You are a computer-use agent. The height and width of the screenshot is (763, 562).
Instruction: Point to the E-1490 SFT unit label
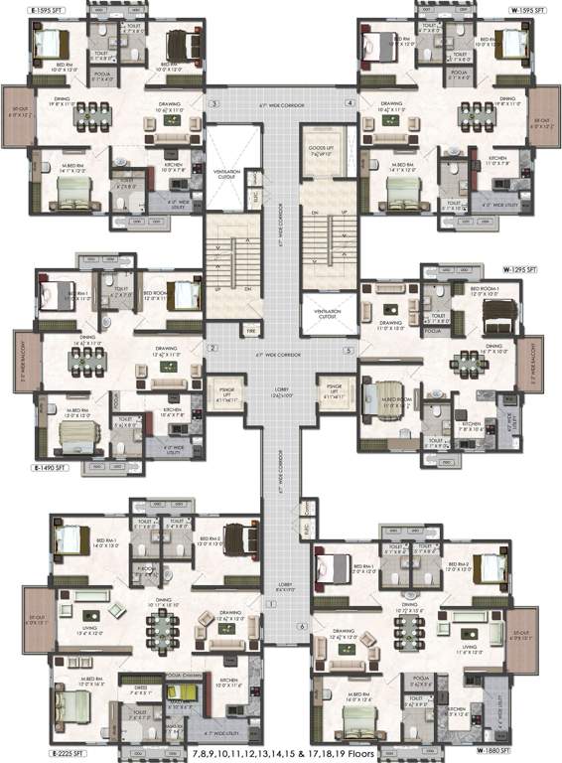coord(51,466)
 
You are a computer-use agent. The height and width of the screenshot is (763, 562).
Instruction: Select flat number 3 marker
coord(212,103)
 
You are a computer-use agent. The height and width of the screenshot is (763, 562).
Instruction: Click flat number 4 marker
coord(350,103)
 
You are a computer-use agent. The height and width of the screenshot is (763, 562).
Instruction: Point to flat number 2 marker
coord(212,349)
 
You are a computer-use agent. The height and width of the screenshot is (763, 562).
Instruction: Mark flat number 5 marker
coord(350,351)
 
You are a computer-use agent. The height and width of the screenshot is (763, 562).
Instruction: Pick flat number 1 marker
coord(267,603)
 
